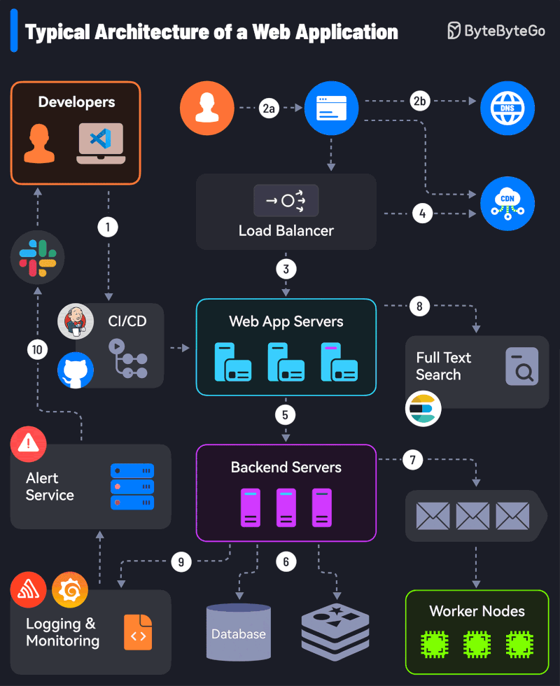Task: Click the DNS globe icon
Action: (507, 108)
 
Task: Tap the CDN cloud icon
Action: (507, 204)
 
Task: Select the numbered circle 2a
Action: (269, 108)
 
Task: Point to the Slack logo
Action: (38, 258)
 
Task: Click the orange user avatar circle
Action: (206, 108)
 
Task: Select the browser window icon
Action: (331, 108)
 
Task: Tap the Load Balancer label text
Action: (286, 230)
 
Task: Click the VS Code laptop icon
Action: (101, 143)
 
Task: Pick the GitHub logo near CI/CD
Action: (76, 370)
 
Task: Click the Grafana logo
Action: (70, 590)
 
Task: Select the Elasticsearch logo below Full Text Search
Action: (423, 408)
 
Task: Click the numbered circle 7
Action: (413, 460)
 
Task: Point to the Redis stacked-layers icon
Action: (335, 632)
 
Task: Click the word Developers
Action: (76, 102)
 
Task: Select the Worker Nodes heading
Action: (477, 611)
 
